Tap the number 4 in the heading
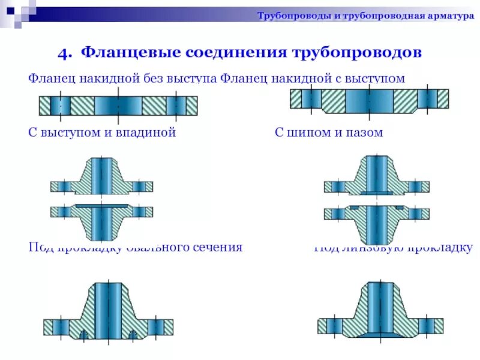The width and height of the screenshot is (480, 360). tap(62, 53)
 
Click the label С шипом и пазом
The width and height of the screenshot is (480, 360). tap(328, 133)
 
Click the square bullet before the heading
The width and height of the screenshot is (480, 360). tap(46, 53)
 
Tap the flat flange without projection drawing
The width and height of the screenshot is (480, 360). tap(118, 106)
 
